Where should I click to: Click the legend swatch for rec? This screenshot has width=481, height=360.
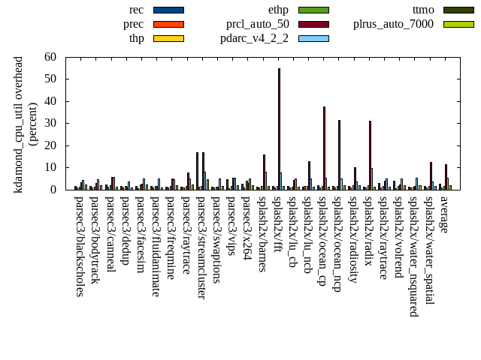point(168,10)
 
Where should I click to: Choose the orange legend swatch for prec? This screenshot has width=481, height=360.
point(168,24)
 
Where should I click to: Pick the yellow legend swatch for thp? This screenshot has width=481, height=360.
point(168,38)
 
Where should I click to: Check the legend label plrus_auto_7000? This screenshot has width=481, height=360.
point(393,24)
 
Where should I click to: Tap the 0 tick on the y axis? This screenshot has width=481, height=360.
point(63,190)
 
